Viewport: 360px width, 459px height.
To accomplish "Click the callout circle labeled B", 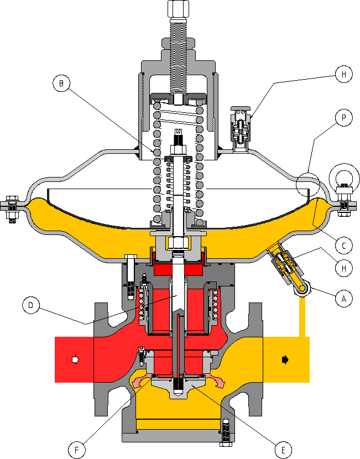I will pyautogui.click(x=61, y=84).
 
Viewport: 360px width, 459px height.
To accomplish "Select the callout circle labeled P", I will pyautogui.click(x=344, y=118).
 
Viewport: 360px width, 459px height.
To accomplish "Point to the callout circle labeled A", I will pyautogui.click(x=344, y=299).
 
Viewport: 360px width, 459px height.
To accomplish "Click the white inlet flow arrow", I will pyautogui.click(x=75, y=359).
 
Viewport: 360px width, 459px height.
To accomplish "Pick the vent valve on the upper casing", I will pyautogui.click(x=239, y=127).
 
